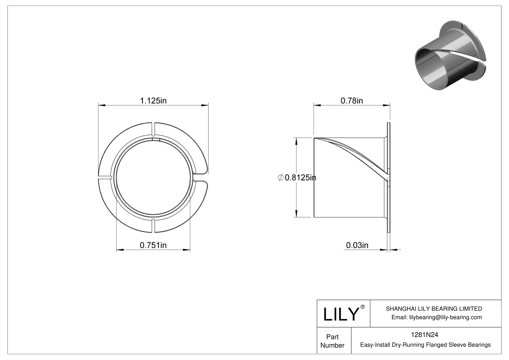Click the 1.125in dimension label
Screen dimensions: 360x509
(153, 101)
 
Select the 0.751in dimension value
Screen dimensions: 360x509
(153, 245)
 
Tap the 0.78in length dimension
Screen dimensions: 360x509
(352, 101)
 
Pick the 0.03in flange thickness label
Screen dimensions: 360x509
(357, 245)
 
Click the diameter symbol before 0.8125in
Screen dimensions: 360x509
(280, 178)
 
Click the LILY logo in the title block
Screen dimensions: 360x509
(341, 314)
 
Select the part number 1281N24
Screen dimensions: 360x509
(424, 335)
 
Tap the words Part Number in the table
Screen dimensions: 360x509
(332, 341)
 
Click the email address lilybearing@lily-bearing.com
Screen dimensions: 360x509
(436, 317)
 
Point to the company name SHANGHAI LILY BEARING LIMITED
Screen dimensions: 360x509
(434, 309)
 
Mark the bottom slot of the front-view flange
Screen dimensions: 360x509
(153, 226)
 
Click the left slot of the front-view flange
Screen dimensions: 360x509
(105, 178)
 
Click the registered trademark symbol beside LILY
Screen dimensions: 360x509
(363, 307)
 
